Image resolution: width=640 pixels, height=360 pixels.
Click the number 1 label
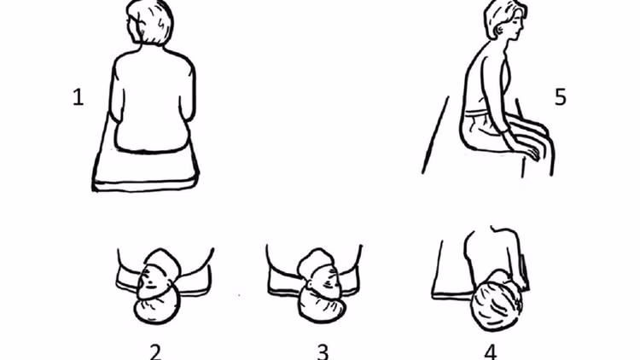pyautogui.click(x=79, y=97)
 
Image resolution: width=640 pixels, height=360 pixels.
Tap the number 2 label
pyautogui.click(x=154, y=351)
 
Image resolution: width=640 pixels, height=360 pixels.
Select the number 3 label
pyautogui.click(x=322, y=351)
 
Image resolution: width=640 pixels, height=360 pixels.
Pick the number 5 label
pyautogui.click(x=560, y=97)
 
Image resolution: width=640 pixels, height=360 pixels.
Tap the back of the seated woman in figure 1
pyautogui.click(x=154, y=94)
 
